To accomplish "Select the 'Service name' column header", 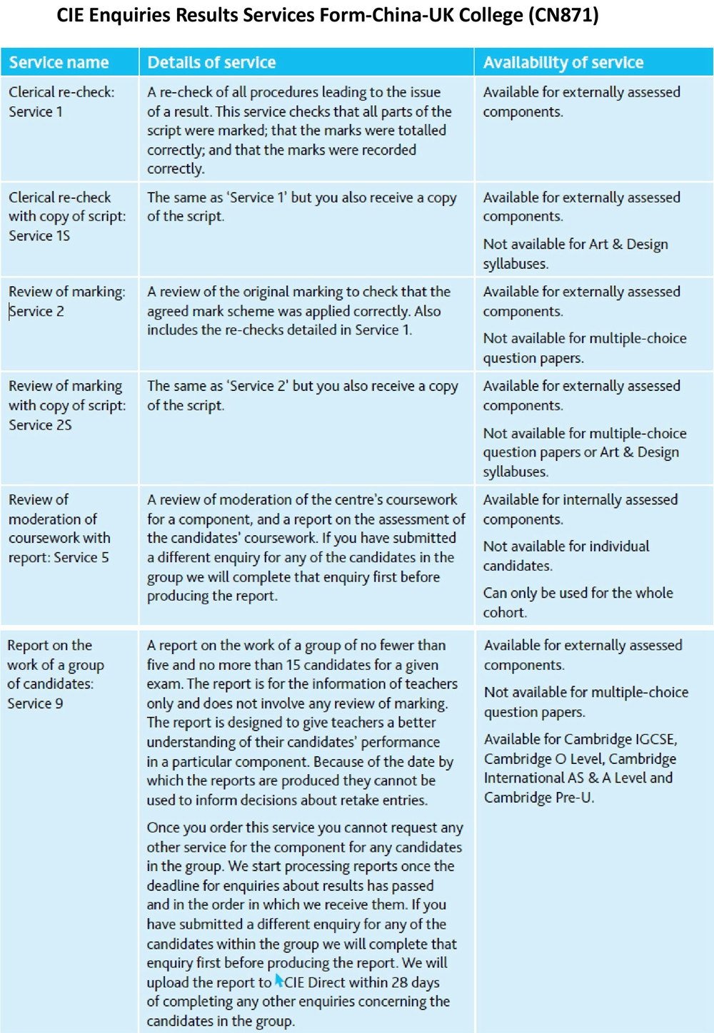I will click(x=59, y=63).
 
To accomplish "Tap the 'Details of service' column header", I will click(x=211, y=63).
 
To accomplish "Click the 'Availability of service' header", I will click(x=563, y=63).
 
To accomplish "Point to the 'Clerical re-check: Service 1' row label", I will click(x=61, y=101).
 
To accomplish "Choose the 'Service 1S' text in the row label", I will click(x=39, y=236).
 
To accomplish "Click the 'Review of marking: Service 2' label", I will click(x=66, y=301).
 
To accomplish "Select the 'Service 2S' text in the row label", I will click(x=40, y=425).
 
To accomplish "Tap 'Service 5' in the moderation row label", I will click(x=84, y=558).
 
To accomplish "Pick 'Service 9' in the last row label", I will click(x=35, y=703).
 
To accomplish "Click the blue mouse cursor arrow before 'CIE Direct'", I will click(x=278, y=981).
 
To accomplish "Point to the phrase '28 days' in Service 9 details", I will click(x=416, y=982).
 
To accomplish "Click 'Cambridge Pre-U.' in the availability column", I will click(x=539, y=798).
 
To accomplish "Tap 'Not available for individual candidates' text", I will click(x=566, y=556).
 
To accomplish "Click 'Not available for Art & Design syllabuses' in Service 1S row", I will click(x=575, y=254).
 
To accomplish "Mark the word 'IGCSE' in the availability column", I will click(x=651, y=739).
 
